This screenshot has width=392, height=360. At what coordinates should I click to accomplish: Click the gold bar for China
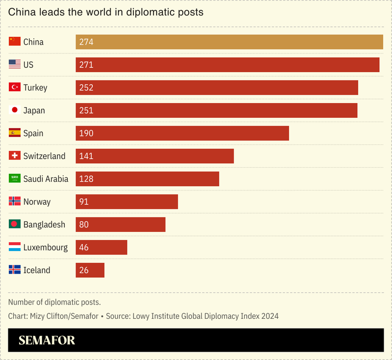(229, 42)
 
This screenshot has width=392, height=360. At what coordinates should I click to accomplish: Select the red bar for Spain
(182, 133)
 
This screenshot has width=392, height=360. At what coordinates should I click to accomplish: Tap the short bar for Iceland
(90, 270)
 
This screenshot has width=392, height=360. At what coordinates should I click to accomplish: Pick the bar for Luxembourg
(101, 247)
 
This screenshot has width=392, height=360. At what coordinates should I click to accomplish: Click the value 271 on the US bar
(86, 65)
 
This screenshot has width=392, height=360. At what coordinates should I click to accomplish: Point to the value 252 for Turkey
(86, 87)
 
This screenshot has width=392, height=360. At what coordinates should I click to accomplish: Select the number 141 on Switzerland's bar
(86, 156)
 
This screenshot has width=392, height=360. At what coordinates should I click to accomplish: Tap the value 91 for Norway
(84, 202)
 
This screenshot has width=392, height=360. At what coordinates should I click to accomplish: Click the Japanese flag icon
(15, 110)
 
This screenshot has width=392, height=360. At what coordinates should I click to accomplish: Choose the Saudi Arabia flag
(15, 179)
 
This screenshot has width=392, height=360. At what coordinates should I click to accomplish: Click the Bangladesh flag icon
(15, 224)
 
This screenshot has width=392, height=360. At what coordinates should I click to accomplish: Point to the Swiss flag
(15, 156)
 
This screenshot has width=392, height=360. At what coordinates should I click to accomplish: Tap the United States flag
(15, 64)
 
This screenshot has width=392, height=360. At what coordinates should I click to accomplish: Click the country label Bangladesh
(44, 224)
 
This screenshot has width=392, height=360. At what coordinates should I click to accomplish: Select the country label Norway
(37, 202)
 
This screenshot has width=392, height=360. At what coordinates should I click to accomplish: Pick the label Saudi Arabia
(46, 179)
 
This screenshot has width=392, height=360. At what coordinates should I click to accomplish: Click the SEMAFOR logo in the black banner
(47, 340)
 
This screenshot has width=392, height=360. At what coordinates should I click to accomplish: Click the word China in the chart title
(22, 12)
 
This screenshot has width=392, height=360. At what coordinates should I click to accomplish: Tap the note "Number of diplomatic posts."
(54, 302)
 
